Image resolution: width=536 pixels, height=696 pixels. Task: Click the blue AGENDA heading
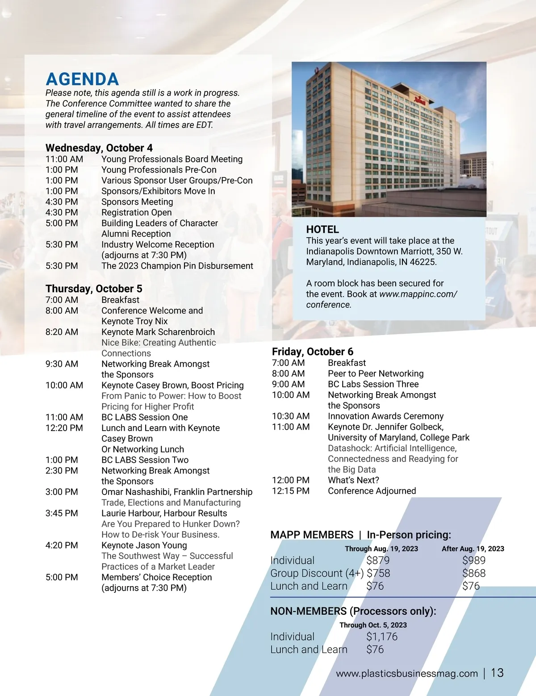coord(82,80)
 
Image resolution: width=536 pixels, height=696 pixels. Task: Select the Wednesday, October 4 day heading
coord(99,148)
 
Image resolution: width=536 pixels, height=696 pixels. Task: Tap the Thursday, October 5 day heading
coord(94,289)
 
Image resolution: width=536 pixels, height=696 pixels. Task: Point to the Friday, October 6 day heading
coord(313,352)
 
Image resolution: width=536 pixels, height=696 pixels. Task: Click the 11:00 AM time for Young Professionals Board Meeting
coord(64,159)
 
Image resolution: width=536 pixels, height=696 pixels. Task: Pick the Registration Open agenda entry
coord(136,213)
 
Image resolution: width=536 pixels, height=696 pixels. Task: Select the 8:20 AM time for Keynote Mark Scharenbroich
coord(62,332)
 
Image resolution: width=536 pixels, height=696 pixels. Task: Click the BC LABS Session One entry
coord(144,417)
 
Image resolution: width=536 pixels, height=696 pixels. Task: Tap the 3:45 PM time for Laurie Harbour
coord(62,513)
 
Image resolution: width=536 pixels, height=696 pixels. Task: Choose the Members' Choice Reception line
coord(156,577)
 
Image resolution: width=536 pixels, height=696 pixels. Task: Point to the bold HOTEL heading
coord(322,230)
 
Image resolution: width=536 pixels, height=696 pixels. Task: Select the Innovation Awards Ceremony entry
coord(385,416)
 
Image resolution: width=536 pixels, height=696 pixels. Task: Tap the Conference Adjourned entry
coord(372,491)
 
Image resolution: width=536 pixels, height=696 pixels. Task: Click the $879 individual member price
coord(378,560)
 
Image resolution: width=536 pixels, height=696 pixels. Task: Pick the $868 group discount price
coord(473,573)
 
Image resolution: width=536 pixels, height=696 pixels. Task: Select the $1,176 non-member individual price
coord(382,637)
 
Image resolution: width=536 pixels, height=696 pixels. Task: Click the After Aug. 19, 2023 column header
coord(473,549)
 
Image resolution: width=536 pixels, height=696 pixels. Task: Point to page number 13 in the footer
coord(497,673)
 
